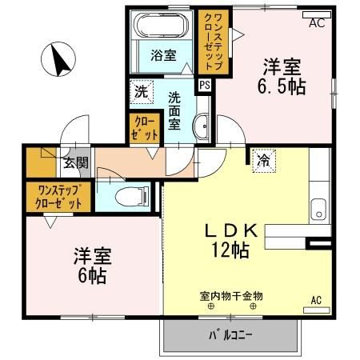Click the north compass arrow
point(57,59)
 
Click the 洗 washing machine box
point(142,91)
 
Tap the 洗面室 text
point(174,112)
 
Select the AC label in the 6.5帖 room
point(318,22)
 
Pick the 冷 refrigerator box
point(262,160)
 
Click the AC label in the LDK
point(315,300)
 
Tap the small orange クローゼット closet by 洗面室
point(145,128)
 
